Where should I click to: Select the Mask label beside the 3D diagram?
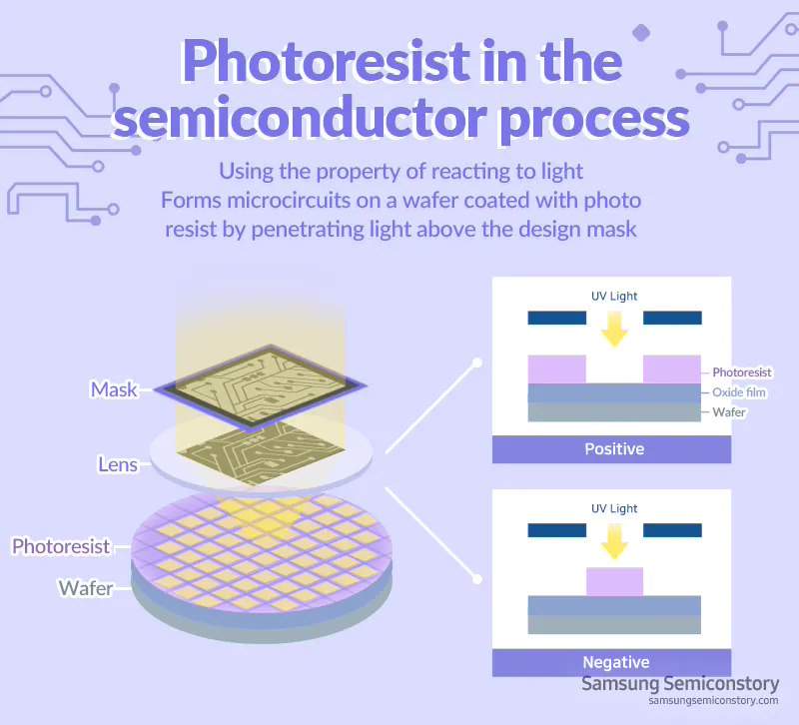(x=113, y=388)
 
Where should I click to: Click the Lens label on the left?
(x=118, y=464)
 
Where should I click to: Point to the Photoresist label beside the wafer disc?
(x=60, y=546)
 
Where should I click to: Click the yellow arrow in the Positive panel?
(x=614, y=328)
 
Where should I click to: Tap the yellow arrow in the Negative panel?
(x=614, y=539)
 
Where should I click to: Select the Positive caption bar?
(x=613, y=449)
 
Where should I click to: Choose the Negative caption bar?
(x=613, y=662)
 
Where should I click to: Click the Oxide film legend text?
(x=739, y=392)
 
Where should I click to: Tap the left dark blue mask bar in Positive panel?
(x=556, y=318)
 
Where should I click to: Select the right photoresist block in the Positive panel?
(x=671, y=369)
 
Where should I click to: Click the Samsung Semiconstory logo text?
(x=679, y=684)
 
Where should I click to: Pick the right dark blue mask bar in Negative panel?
(x=671, y=530)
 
